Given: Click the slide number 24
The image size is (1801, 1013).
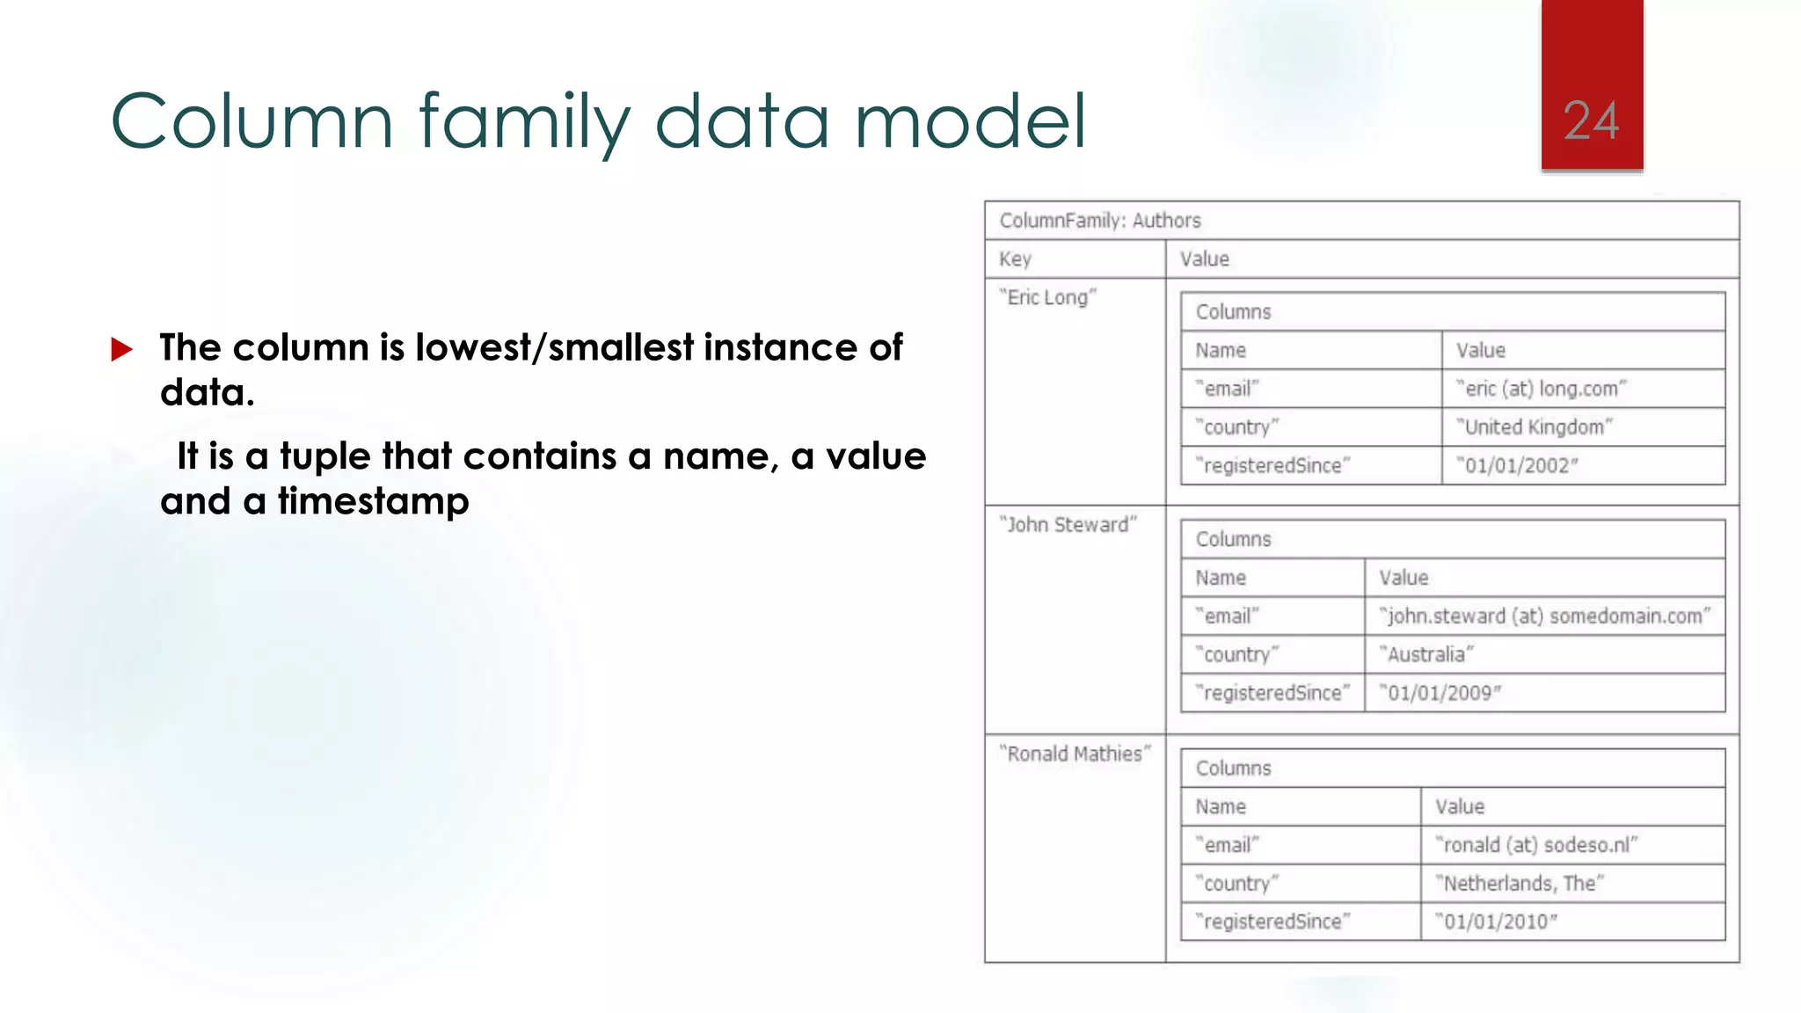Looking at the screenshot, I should click(x=1591, y=121).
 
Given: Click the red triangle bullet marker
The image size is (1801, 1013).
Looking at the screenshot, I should click(x=121, y=350).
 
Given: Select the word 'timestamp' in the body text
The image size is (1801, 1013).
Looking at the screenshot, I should click(x=374, y=502).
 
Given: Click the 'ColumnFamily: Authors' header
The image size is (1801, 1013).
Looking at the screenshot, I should click(x=1099, y=221).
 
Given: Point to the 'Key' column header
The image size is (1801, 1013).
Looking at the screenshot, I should click(x=1015, y=259).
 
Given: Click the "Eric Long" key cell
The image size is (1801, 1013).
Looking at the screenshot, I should click(x=1048, y=298).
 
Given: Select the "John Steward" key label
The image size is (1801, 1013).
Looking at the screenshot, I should click(x=1068, y=525).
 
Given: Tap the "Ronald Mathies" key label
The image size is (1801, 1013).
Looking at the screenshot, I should click(x=1075, y=754).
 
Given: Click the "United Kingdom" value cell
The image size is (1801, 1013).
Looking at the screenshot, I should click(x=1534, y=427).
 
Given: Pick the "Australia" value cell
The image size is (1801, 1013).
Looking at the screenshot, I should click(x=1425, y=655).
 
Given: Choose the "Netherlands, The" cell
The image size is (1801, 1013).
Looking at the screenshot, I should click(x=1519, y=884).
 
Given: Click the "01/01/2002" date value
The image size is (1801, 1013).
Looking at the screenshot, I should click(x=1517, y=466).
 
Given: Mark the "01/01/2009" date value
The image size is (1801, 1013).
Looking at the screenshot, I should click(x=1440, y=694).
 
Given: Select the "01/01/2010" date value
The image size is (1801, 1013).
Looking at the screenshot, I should click(x=1496, y=922).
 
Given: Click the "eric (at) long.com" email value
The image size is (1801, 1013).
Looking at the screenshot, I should click(x=1541, y=389).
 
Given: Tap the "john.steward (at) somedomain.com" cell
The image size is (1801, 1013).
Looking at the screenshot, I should click(x=1544, y=616).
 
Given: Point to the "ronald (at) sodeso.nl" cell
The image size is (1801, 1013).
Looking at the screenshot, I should click(x=1535, y=845).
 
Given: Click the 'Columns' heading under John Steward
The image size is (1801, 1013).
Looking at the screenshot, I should click(x=1233, y=540).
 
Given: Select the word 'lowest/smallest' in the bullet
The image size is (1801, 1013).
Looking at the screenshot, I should click(x=554, y=348).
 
